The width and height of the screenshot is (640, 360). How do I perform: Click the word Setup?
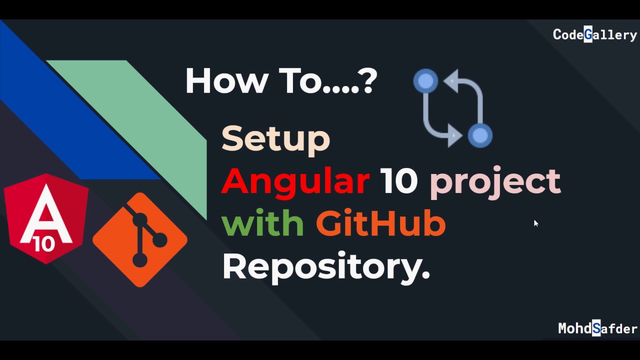(x=275, y=138)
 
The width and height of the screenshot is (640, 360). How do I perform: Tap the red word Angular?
(x=295, y=181)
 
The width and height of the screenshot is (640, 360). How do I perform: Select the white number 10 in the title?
(x=398, y=181)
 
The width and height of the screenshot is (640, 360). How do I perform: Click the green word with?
(x=262, y=223)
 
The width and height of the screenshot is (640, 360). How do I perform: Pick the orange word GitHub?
(x=380, y=223)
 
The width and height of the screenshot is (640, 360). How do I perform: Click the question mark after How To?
(x=367, y=81)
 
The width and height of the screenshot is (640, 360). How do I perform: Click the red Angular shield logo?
(x=46, y=218)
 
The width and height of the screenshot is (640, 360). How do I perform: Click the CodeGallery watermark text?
(x=594, y=34)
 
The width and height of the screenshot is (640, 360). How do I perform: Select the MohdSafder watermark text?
(x=597, y=328)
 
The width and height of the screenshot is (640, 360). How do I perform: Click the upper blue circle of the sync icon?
(x=425, y=81)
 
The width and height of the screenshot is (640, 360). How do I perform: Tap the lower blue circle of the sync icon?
(x=480, y=135)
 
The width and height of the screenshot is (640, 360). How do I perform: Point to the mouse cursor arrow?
(x=535, y=223)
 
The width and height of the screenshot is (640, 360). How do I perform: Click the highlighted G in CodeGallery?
(x=588, y=34)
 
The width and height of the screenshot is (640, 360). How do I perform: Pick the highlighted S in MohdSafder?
(x=596, y=328)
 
